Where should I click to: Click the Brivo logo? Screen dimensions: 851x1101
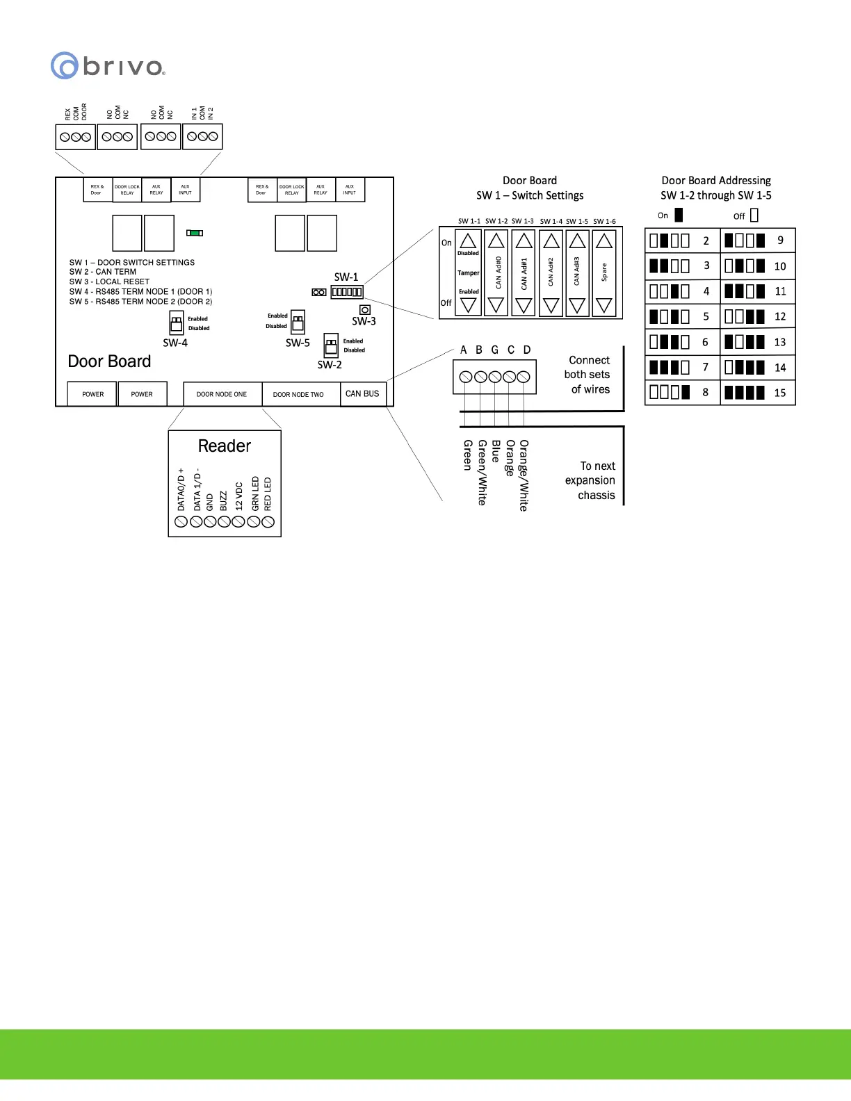[x=108, y=66]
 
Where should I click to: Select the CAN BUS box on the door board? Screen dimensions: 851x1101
[x=362, y=393]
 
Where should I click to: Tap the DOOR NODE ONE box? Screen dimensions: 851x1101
[x=222, y=394]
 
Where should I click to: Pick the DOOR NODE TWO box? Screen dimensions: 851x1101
[x=298, y=394]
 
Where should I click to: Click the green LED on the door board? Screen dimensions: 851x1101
[x=195, y=233]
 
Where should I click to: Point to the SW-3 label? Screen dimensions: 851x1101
[x=364, y=321]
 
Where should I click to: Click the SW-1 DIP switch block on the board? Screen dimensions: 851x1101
[x=346, y=292]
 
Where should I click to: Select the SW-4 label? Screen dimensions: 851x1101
[x=175, y=343]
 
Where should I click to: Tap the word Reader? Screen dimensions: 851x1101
[x=224, y=446]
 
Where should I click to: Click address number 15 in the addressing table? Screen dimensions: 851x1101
[x=779, y=393]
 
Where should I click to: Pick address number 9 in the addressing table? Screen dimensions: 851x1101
[x=780, y=240]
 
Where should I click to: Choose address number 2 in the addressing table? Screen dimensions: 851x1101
[x=706, y=240]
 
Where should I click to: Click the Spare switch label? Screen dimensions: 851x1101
[x=604, y=272]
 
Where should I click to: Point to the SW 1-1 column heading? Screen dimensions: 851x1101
[x=469, y=222]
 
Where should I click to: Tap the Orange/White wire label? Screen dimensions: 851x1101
[x=524, y=475]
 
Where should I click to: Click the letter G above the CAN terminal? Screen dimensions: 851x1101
[x=494, y=350]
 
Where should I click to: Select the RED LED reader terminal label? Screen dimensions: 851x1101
[x=268, y=494]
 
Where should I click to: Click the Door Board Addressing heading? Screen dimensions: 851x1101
[x=716, y=181]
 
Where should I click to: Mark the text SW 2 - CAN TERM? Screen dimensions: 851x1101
[x=103, y=272]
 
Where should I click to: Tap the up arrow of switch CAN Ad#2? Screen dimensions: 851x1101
[x=551, y=241]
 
